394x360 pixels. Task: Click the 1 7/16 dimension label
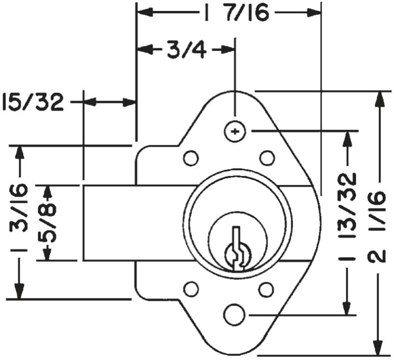point(236,12)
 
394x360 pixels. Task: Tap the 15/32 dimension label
point(33,102)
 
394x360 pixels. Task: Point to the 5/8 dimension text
point(48,223)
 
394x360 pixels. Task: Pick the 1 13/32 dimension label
point(348,217)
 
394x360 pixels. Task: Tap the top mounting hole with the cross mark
point(235,131)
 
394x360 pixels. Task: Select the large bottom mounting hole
point(234,315)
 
